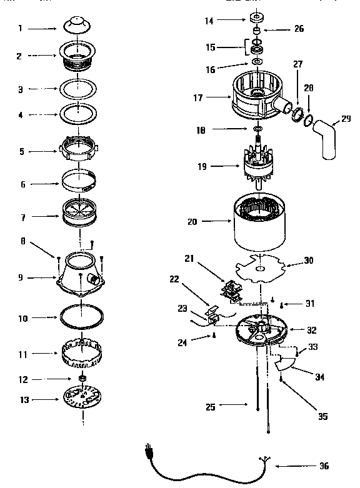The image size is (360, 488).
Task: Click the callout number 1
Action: click(20, 28)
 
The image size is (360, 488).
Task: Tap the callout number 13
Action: click(22, 399)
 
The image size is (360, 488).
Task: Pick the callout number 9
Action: click(21, 277)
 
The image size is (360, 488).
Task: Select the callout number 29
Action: click(346, 118)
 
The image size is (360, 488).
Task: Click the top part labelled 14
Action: click(257, 17)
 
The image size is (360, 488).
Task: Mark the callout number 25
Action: click(209, 407)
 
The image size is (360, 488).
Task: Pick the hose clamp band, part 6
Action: click(79, 184)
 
